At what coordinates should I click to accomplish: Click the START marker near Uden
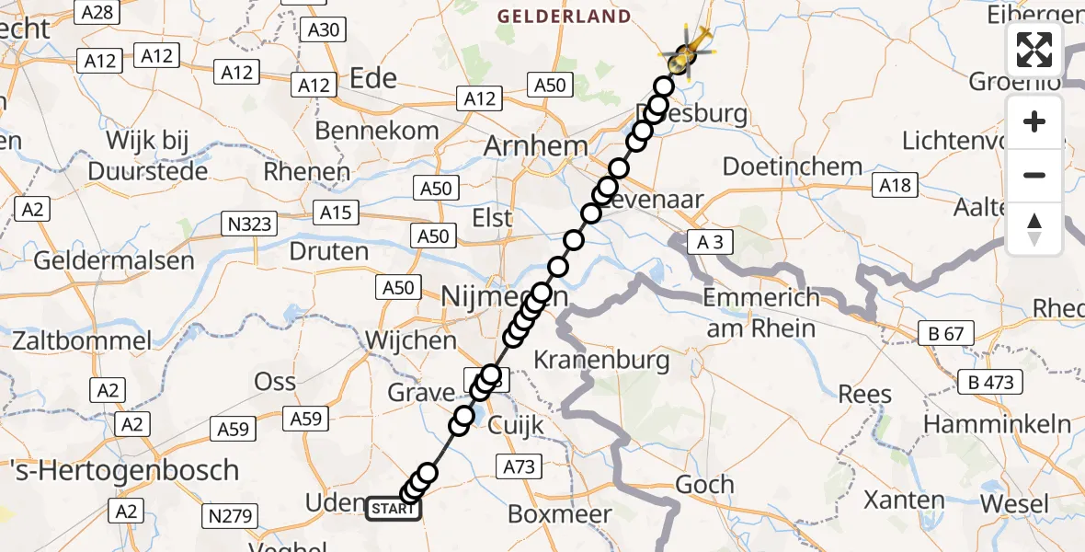[x=394, y=508]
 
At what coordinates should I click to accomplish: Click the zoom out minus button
[x=1034, y=175]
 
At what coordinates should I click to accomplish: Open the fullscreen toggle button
[x=1034, y=50]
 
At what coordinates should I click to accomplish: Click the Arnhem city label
[x=535, y=146]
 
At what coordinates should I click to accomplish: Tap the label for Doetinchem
[x=793, y=167]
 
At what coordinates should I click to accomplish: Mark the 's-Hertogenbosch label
[x=120, y=470]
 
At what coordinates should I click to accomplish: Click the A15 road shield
[x=335, y=213]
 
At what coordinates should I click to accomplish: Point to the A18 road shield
[x=895, y=185]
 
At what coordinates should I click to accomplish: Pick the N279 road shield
[x=232, y=516]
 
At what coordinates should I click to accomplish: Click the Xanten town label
[x=904, y=500]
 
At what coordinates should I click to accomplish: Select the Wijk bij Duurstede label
[x=147, y=155]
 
